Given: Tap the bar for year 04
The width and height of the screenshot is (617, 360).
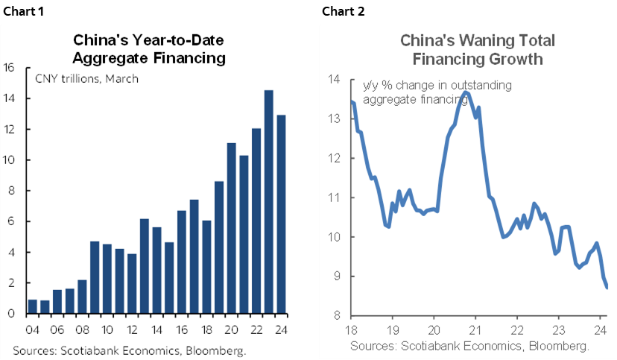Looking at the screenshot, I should point(32,306).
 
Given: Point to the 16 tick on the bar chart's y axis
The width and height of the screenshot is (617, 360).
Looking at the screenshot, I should point(10,68).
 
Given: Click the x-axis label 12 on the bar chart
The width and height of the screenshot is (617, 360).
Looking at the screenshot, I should point(131,329).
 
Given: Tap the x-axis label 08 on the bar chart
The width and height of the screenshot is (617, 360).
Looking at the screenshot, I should point(81,329).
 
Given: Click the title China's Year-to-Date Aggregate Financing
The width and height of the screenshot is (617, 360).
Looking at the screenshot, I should point(148,48).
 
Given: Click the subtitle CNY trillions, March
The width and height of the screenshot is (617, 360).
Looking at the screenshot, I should point(82,78).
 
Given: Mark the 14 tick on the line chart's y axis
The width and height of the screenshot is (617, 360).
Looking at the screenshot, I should point(335,80).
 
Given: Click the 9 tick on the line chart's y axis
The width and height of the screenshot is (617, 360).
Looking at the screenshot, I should point(338,277).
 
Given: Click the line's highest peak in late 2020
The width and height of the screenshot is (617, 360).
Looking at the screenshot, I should point(465,92).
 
